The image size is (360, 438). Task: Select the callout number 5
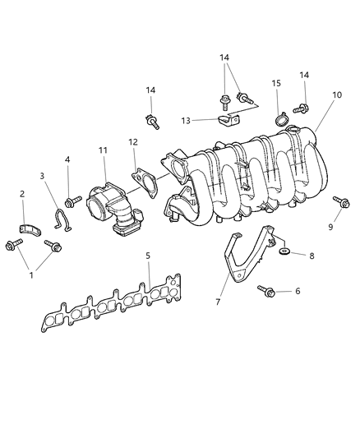coord(148,256)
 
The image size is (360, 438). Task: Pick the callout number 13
coord(186,120)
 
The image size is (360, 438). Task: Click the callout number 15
coord(276,83)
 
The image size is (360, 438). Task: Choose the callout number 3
coord(42,175)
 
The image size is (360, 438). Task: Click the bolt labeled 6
coord(266,289)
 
